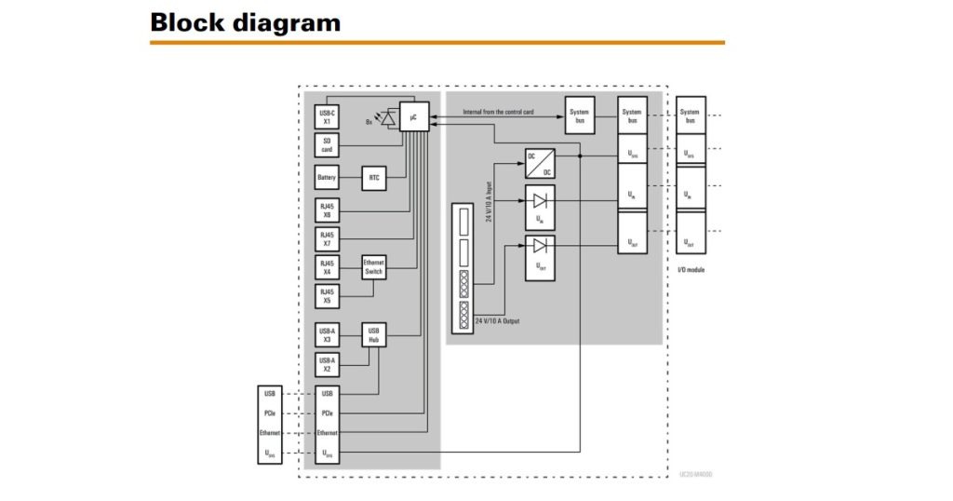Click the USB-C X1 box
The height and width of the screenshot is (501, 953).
click(328, 117)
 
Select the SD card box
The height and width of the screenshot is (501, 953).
click(328, 145)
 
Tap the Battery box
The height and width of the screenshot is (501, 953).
click(328, 178)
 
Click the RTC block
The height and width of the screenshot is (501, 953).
click(374, 178)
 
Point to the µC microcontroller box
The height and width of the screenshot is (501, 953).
click(413, 116)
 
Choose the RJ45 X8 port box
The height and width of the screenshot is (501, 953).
click(328, 210)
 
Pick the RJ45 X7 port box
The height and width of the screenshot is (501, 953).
click(328, 238)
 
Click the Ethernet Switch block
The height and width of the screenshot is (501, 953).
click(374, 267)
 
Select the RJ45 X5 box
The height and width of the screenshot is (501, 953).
click(328, 296)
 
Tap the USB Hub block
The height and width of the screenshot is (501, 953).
click(374, 335)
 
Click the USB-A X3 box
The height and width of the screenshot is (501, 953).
click(328, 335)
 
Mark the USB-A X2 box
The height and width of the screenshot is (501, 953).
click(328, 364)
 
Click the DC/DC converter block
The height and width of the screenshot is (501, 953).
click(539, 164)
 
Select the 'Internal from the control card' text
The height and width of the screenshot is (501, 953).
click(499, 113)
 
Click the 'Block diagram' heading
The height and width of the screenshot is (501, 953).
click(245, 22)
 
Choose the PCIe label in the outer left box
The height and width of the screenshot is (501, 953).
click(268, 413)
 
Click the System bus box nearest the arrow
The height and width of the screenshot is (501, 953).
click(578, 115)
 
